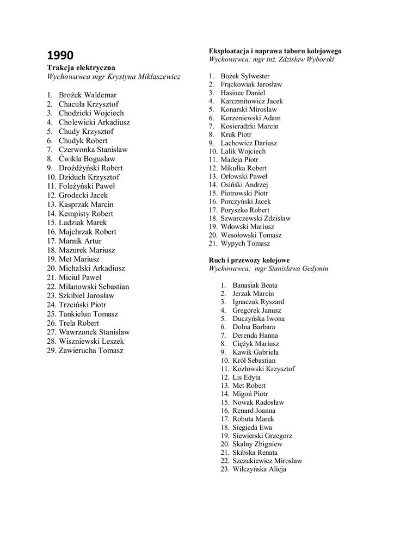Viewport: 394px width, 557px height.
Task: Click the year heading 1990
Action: [60, 55]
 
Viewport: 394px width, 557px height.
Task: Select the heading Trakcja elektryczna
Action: [81, 67]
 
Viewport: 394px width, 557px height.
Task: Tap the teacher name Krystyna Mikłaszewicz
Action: [144, 77]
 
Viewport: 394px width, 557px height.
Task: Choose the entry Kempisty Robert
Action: [86, 214]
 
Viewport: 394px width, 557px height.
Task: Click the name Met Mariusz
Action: [79, 259]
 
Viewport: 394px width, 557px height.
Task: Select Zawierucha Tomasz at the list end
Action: [91, 350]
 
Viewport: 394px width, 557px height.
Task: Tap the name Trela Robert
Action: [79, 323]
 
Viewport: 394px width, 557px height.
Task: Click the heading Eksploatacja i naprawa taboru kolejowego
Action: [275, 51]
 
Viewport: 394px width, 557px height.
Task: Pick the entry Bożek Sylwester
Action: [245, 76]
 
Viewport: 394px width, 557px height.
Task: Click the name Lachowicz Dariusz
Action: [249, 143]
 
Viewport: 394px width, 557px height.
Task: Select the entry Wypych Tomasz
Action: [245, 244]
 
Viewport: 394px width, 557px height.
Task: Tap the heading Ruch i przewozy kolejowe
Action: [249, 260]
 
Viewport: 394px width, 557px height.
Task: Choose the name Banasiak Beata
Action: [255, 285]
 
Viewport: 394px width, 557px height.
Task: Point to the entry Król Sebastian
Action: [254, 360]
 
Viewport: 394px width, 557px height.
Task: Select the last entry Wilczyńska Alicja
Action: [259, 469]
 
